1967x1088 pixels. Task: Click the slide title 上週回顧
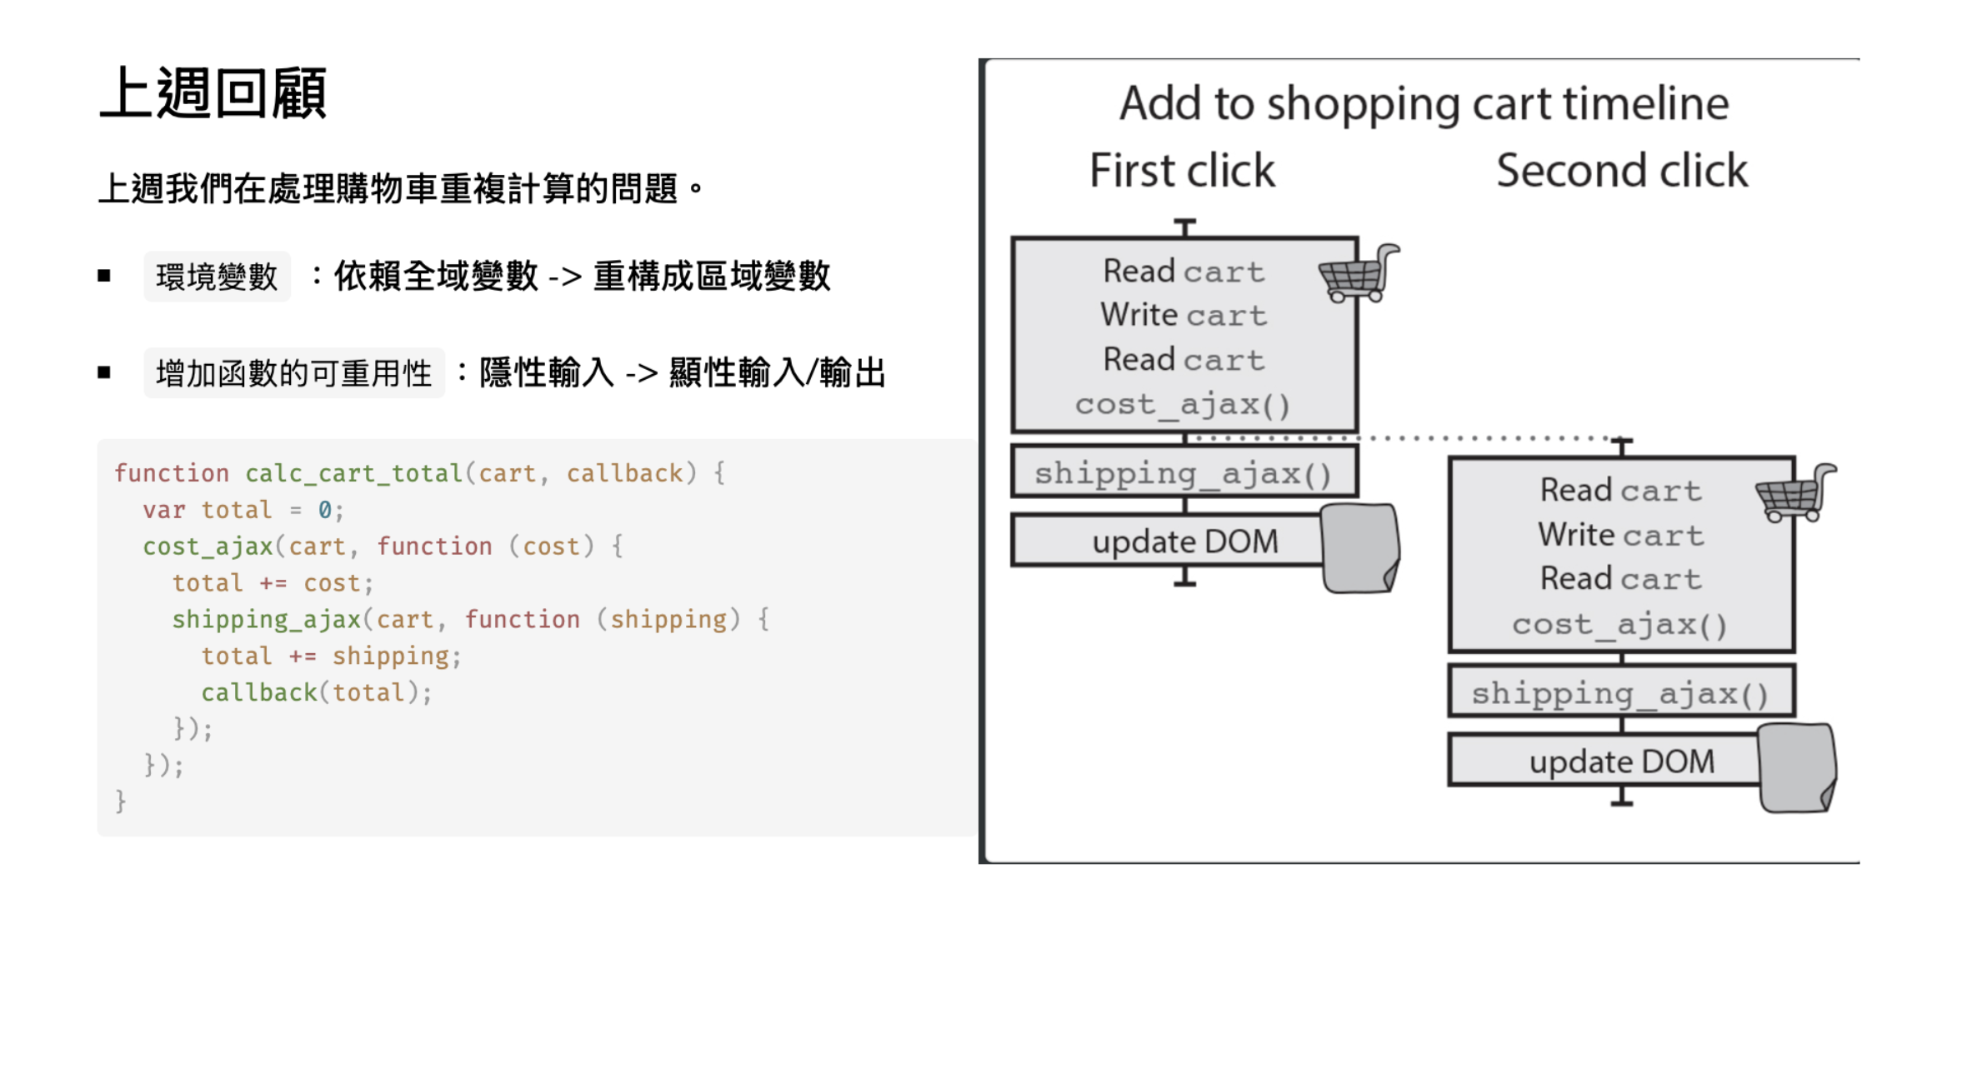click(213, 93)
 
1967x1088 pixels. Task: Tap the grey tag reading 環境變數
click(217, 277)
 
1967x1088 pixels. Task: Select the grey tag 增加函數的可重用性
click(293, 373)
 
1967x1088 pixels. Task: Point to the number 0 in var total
click(325, 510)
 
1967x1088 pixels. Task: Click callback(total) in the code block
click(316, 692)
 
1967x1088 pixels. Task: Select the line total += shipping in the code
click(330, 656)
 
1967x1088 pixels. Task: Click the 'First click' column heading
click(1182, 171)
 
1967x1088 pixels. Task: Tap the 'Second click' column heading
click(1621, 171)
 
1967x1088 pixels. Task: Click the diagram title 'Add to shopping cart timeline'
click(1424, 103)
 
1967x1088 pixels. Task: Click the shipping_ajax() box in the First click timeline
click(1184, 473)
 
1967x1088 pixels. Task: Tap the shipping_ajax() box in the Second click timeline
click(1620, 693)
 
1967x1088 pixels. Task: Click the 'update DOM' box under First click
click(1184, 542)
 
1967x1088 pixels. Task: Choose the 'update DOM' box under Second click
click(1620, 761)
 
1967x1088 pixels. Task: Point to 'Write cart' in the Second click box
click(1620, 535)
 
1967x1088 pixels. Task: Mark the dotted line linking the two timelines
click(1400, 438)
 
